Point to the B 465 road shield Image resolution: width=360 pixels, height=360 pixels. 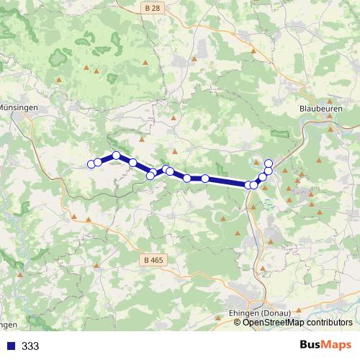coord(152,259)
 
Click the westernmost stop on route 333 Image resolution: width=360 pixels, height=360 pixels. coord(91,164)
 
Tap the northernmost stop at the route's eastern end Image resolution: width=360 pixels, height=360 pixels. coord(269,163)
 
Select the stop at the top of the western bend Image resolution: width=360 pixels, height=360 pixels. coord(116,156)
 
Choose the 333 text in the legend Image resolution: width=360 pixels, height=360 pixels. coord(30,346)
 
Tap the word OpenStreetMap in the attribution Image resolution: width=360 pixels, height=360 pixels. coord(275,323)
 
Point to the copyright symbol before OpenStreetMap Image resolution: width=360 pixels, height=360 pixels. coord(238,323)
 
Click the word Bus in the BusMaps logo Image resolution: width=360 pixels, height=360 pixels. coord(310,345)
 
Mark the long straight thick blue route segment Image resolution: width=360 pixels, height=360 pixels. coord(227,181)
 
